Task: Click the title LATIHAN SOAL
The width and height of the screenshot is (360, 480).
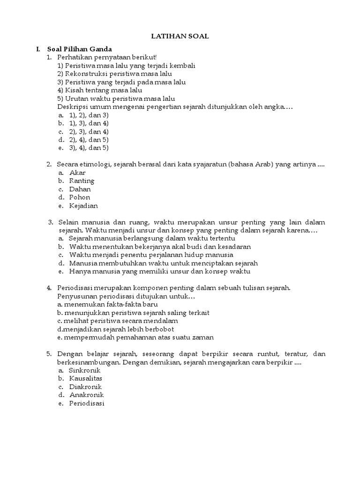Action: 180,36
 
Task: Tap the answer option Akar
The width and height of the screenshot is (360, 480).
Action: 77,172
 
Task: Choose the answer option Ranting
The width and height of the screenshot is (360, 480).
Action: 82,181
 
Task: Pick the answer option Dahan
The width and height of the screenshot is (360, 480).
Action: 80,189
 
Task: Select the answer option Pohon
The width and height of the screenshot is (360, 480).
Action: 80,197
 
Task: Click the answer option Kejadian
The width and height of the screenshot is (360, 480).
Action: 83,206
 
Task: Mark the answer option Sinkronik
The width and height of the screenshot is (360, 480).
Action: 85,370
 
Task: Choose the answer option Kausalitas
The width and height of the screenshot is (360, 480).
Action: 86,378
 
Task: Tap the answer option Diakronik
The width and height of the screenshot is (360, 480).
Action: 85,387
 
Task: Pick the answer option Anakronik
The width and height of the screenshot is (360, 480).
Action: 86,395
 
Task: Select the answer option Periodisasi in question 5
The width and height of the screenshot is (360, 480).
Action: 87,404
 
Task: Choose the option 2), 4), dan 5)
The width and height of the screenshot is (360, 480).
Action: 89,140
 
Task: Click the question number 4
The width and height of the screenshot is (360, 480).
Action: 49,288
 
